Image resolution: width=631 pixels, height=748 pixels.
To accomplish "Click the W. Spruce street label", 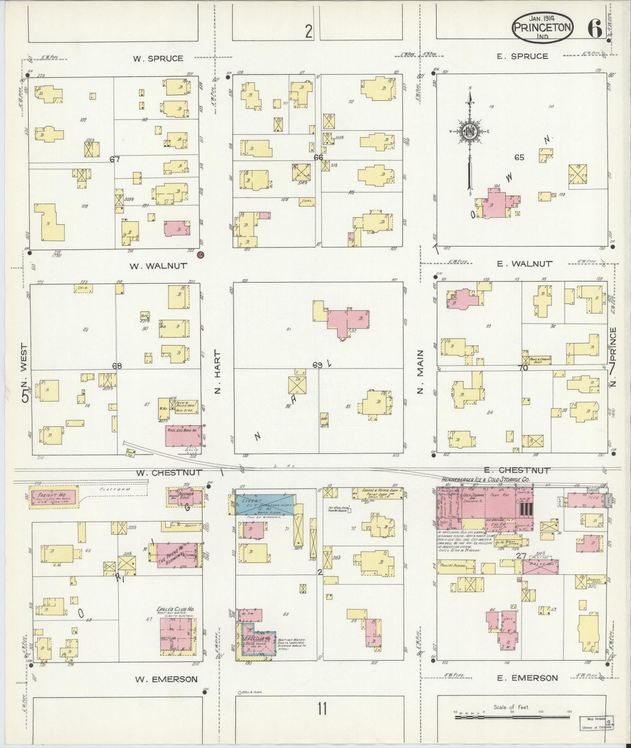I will (159, 58).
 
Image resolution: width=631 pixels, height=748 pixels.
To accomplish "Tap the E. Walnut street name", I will (524, 264).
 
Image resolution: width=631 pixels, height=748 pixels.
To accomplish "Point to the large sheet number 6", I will (594, 28).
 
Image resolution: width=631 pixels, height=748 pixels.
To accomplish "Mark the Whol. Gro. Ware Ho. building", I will (184, 436).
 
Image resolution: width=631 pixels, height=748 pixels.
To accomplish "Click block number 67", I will (114, 160).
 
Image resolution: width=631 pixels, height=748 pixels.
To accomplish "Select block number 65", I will (519, 158).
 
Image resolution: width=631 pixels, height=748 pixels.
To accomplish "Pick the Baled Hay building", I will (541, 567).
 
